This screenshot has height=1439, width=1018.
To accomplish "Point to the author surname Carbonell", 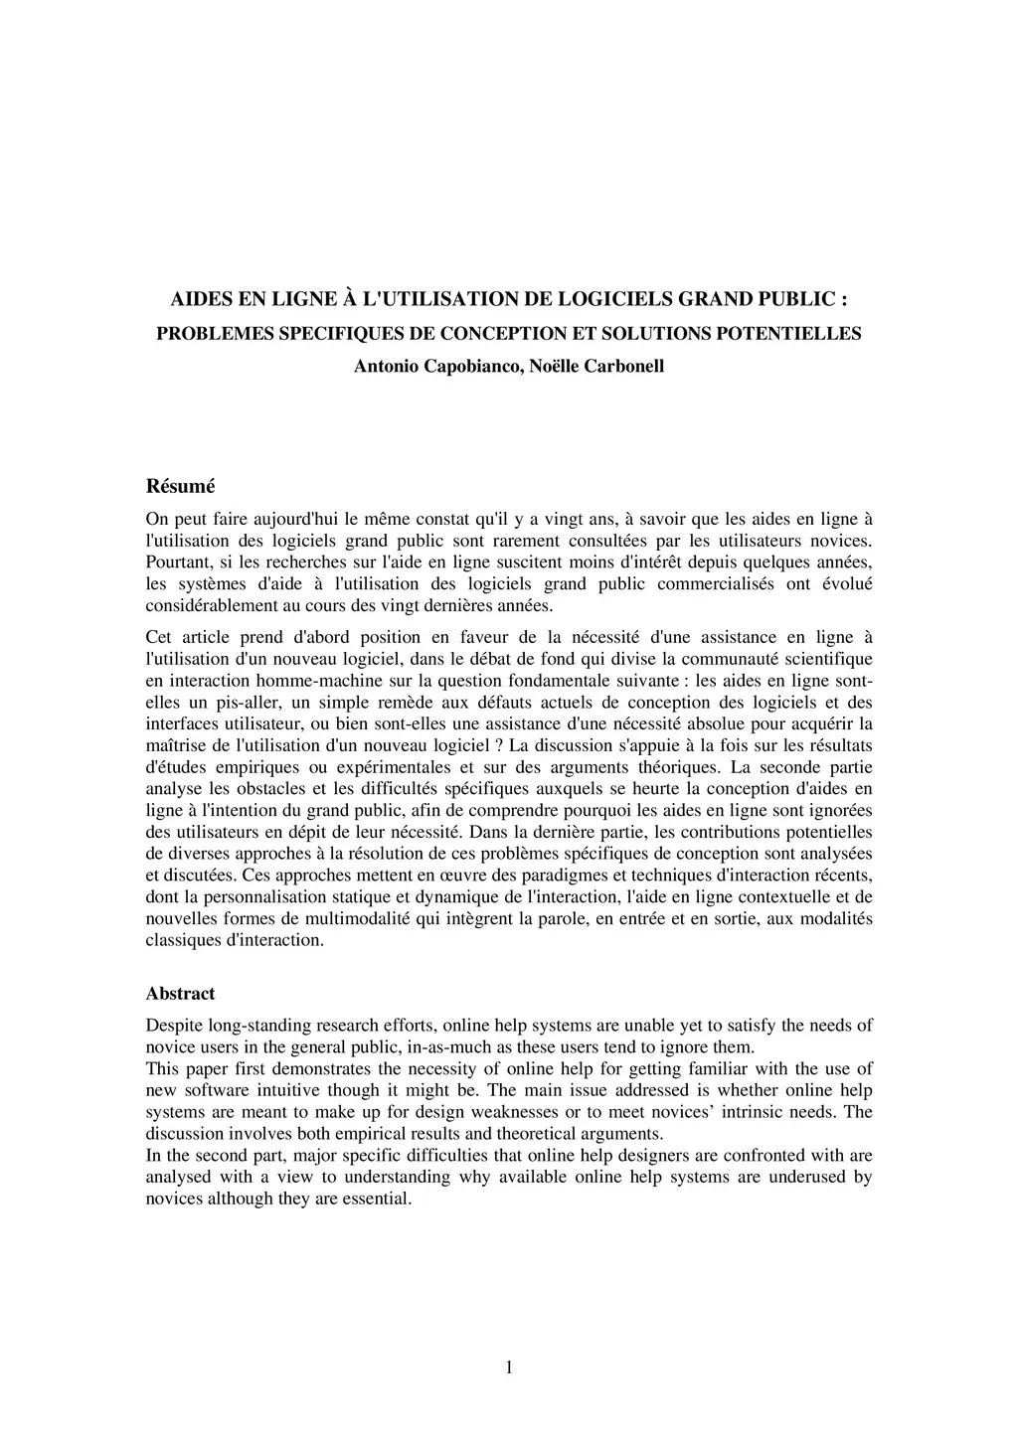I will tap(621, 367).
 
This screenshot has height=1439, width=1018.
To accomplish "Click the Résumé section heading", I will tap(180, 487).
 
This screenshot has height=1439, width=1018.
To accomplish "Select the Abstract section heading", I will tap(180, 994).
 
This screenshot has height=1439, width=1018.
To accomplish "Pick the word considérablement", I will tap(207, 606).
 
